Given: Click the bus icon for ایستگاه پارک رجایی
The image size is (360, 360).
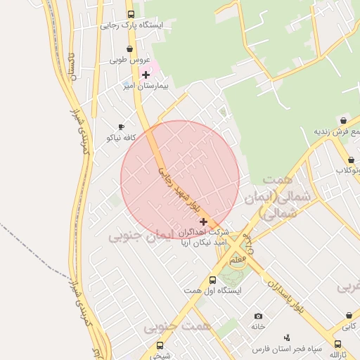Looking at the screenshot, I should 131,14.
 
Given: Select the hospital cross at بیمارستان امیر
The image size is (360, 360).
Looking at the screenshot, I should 146,75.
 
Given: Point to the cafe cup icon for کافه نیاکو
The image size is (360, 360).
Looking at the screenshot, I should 121,127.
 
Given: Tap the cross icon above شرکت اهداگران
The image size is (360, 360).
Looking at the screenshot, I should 204,221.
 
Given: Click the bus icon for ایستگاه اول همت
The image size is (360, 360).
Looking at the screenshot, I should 213,280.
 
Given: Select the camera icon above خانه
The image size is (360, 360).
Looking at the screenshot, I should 258,316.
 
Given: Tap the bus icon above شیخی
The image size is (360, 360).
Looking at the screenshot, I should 160,345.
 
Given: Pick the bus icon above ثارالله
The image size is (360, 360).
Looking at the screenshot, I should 338,345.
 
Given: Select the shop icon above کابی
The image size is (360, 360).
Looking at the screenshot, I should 349,316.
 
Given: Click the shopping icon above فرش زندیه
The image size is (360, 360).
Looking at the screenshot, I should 342,121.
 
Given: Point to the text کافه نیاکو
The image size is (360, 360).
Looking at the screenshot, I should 120,138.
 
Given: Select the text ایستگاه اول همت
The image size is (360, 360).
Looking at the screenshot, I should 213,290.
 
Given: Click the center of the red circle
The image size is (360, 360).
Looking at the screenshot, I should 180,179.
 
